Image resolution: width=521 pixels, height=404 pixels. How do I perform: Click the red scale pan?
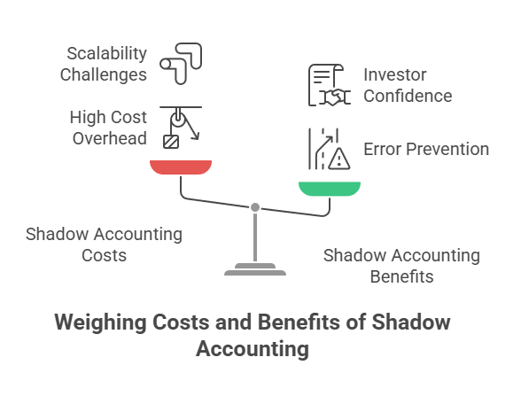181,167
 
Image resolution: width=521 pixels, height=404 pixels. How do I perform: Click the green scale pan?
330,189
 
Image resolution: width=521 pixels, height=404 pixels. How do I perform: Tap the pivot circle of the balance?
255,207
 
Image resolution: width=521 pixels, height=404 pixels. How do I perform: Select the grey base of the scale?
255,269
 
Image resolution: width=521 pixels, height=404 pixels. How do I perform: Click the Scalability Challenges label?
104,64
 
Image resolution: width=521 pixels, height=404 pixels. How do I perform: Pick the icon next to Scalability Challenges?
181,64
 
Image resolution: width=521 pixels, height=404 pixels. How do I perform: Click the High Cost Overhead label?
108,128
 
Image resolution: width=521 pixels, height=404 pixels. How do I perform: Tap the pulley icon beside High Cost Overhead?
181,128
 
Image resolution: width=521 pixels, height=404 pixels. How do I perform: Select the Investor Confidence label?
408,85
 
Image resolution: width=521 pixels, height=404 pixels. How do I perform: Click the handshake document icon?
330,85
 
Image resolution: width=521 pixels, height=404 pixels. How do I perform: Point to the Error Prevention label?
426,149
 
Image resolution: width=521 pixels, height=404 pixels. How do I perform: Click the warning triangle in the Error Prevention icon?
338,159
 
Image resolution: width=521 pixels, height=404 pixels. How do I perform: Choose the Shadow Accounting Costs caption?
104,245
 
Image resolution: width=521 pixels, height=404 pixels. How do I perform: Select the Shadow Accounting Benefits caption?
401,266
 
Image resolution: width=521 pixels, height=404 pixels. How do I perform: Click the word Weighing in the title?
100,322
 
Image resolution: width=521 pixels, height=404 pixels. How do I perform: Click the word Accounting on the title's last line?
253,349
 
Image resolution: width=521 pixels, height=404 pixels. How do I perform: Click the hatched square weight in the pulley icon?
171,142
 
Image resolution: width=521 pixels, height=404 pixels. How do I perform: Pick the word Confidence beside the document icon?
408,96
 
